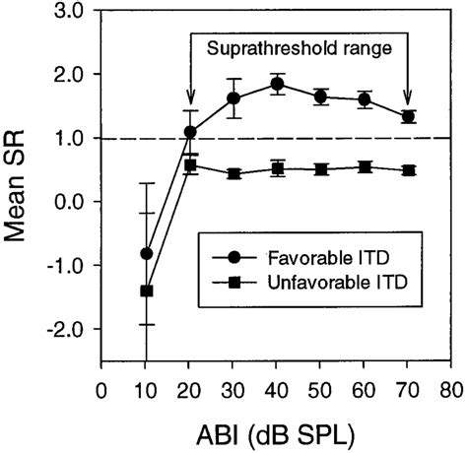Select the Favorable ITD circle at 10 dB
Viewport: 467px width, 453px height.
[x=147, y=253]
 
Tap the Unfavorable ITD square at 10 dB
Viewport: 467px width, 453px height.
[x=147, y=291]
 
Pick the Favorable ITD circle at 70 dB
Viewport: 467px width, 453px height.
[x=409, y=116]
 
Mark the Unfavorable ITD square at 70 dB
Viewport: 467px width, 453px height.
[x=409, y=170]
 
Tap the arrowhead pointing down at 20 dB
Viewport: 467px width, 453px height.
[x=190, y=98]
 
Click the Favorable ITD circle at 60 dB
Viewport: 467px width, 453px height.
[x=365, y=99]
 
